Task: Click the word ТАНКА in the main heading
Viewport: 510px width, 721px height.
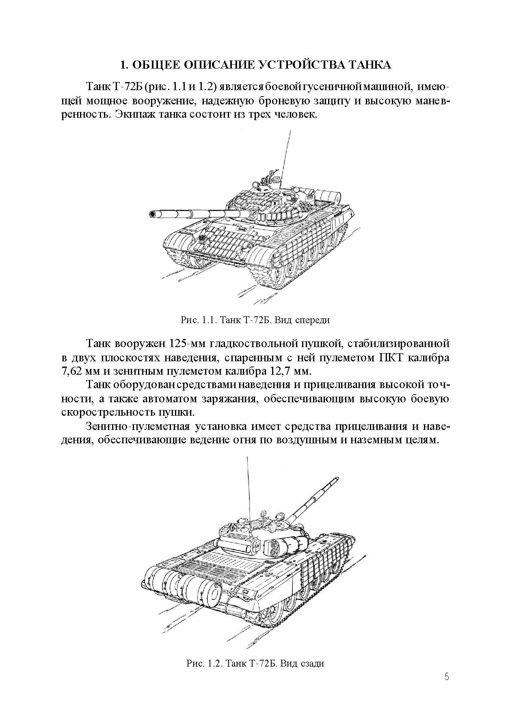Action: pos(367,65)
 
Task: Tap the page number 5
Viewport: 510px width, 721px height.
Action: pos(447,677)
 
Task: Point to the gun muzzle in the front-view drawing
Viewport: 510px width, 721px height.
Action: pos(153,214)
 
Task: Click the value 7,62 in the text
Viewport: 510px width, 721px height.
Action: pos(73,371)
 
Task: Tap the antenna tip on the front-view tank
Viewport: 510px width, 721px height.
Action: pos(290,131)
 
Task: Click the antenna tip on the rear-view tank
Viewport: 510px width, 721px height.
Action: pos(247,458)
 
